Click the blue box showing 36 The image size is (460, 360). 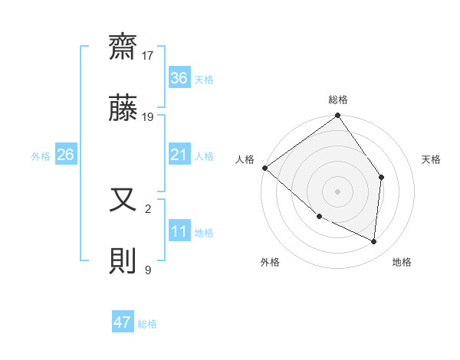point(179,78)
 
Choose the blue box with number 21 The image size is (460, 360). point(179,155)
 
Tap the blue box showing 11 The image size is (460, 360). point(179,232)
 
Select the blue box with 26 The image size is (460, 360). point(65,155)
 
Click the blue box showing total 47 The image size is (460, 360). point(123,322)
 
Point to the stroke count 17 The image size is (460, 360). point(148,56)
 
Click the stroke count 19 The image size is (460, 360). point(148,117)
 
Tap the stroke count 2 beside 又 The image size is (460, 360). point(147,208)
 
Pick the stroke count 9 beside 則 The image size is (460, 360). point(147,269)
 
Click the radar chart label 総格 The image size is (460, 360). point(337,100)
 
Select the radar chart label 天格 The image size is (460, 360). point(432,159)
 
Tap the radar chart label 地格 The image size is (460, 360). point(402,262)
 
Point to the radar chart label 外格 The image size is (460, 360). point(270,262)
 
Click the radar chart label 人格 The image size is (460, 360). point(245,159)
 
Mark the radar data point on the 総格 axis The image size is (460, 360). point(337,116)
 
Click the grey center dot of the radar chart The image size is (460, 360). point(337,191)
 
